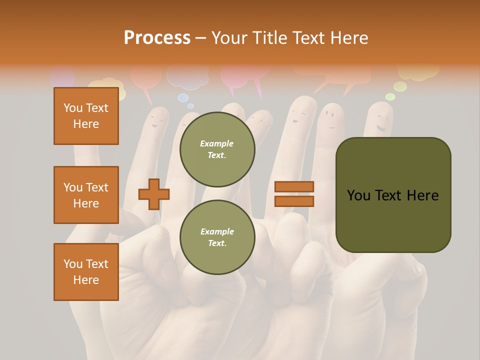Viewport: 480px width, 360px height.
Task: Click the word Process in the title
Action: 157,38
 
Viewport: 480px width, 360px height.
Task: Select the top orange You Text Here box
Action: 86,116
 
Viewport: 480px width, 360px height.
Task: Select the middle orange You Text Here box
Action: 86,195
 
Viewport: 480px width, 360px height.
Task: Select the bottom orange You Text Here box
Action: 86,272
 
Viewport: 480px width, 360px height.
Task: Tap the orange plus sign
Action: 153,194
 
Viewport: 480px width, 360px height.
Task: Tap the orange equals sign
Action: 294,194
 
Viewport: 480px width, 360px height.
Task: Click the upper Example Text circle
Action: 217,149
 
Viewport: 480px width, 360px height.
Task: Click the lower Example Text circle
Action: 217,237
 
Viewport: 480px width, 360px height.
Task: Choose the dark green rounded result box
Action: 393,195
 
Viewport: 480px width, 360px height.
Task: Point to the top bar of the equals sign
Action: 294,187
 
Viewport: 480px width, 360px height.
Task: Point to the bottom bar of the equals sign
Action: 294,201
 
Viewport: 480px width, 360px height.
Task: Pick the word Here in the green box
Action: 422,195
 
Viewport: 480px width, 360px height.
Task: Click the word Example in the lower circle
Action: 217,231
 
